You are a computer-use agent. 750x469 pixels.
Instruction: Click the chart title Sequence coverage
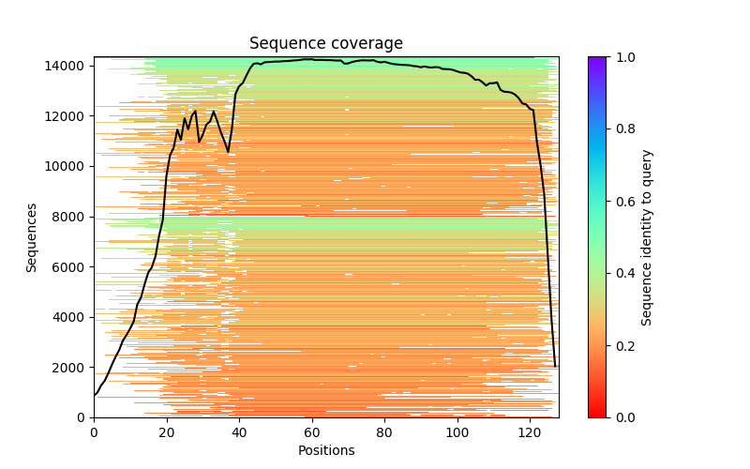click(326, 43)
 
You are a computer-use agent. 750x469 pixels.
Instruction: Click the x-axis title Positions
click(326, 450)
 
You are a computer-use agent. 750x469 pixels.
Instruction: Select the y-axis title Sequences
click(32, 237)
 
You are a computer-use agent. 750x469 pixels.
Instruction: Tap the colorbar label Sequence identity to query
click(647, 237)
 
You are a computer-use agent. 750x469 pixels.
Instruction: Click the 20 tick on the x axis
click(167, 417)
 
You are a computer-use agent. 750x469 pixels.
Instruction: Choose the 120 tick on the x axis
click(530, 417)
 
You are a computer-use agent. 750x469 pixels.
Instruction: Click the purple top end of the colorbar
click(597, 60)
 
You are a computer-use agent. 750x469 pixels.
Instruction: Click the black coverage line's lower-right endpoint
click(555, 366)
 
